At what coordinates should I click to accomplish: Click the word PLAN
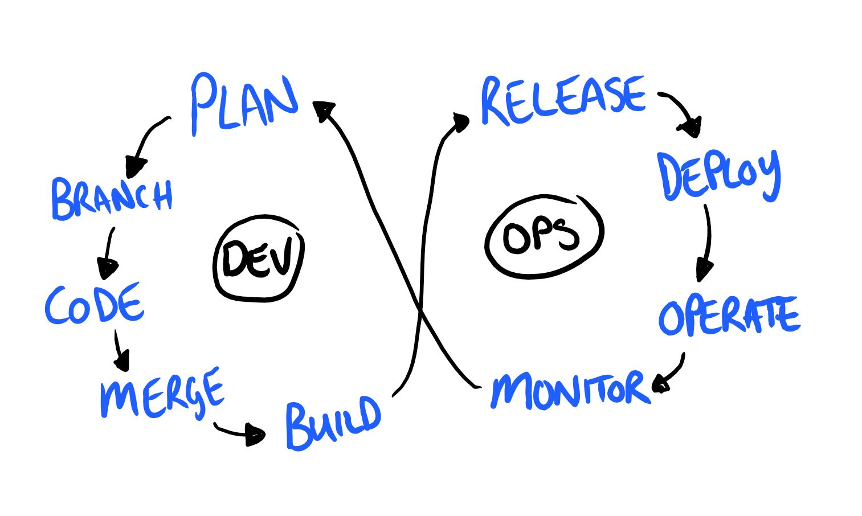tap(245, 104)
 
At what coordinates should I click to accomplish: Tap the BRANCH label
tap(112, 199)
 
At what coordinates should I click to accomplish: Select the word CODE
tap(95, 304)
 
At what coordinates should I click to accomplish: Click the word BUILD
tap(333, 423)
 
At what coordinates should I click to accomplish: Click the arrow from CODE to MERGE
tap(121, 351)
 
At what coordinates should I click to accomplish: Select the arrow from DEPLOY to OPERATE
tap(706, 243)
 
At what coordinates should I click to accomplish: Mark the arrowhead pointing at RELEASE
tap(461, 122)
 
